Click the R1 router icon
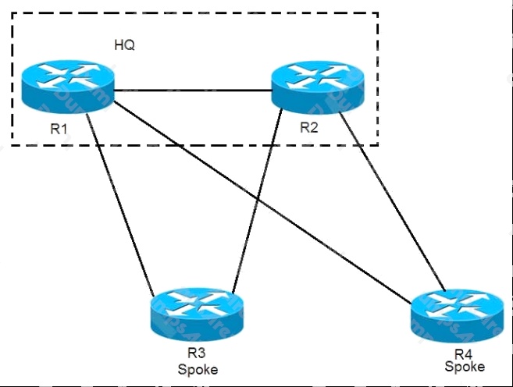68,87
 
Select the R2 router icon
318,87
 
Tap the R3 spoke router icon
197,314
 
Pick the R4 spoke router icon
458,316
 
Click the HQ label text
125,44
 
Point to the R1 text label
59,129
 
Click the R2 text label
309,127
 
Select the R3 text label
197,353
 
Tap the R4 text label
464,354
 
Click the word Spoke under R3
198,370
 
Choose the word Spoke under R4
465,367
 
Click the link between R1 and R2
193,91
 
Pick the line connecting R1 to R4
262,202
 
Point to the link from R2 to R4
392,201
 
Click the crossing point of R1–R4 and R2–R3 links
258,199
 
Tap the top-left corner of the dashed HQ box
12,13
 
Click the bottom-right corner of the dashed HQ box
378,145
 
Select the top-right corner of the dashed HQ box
378,13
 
